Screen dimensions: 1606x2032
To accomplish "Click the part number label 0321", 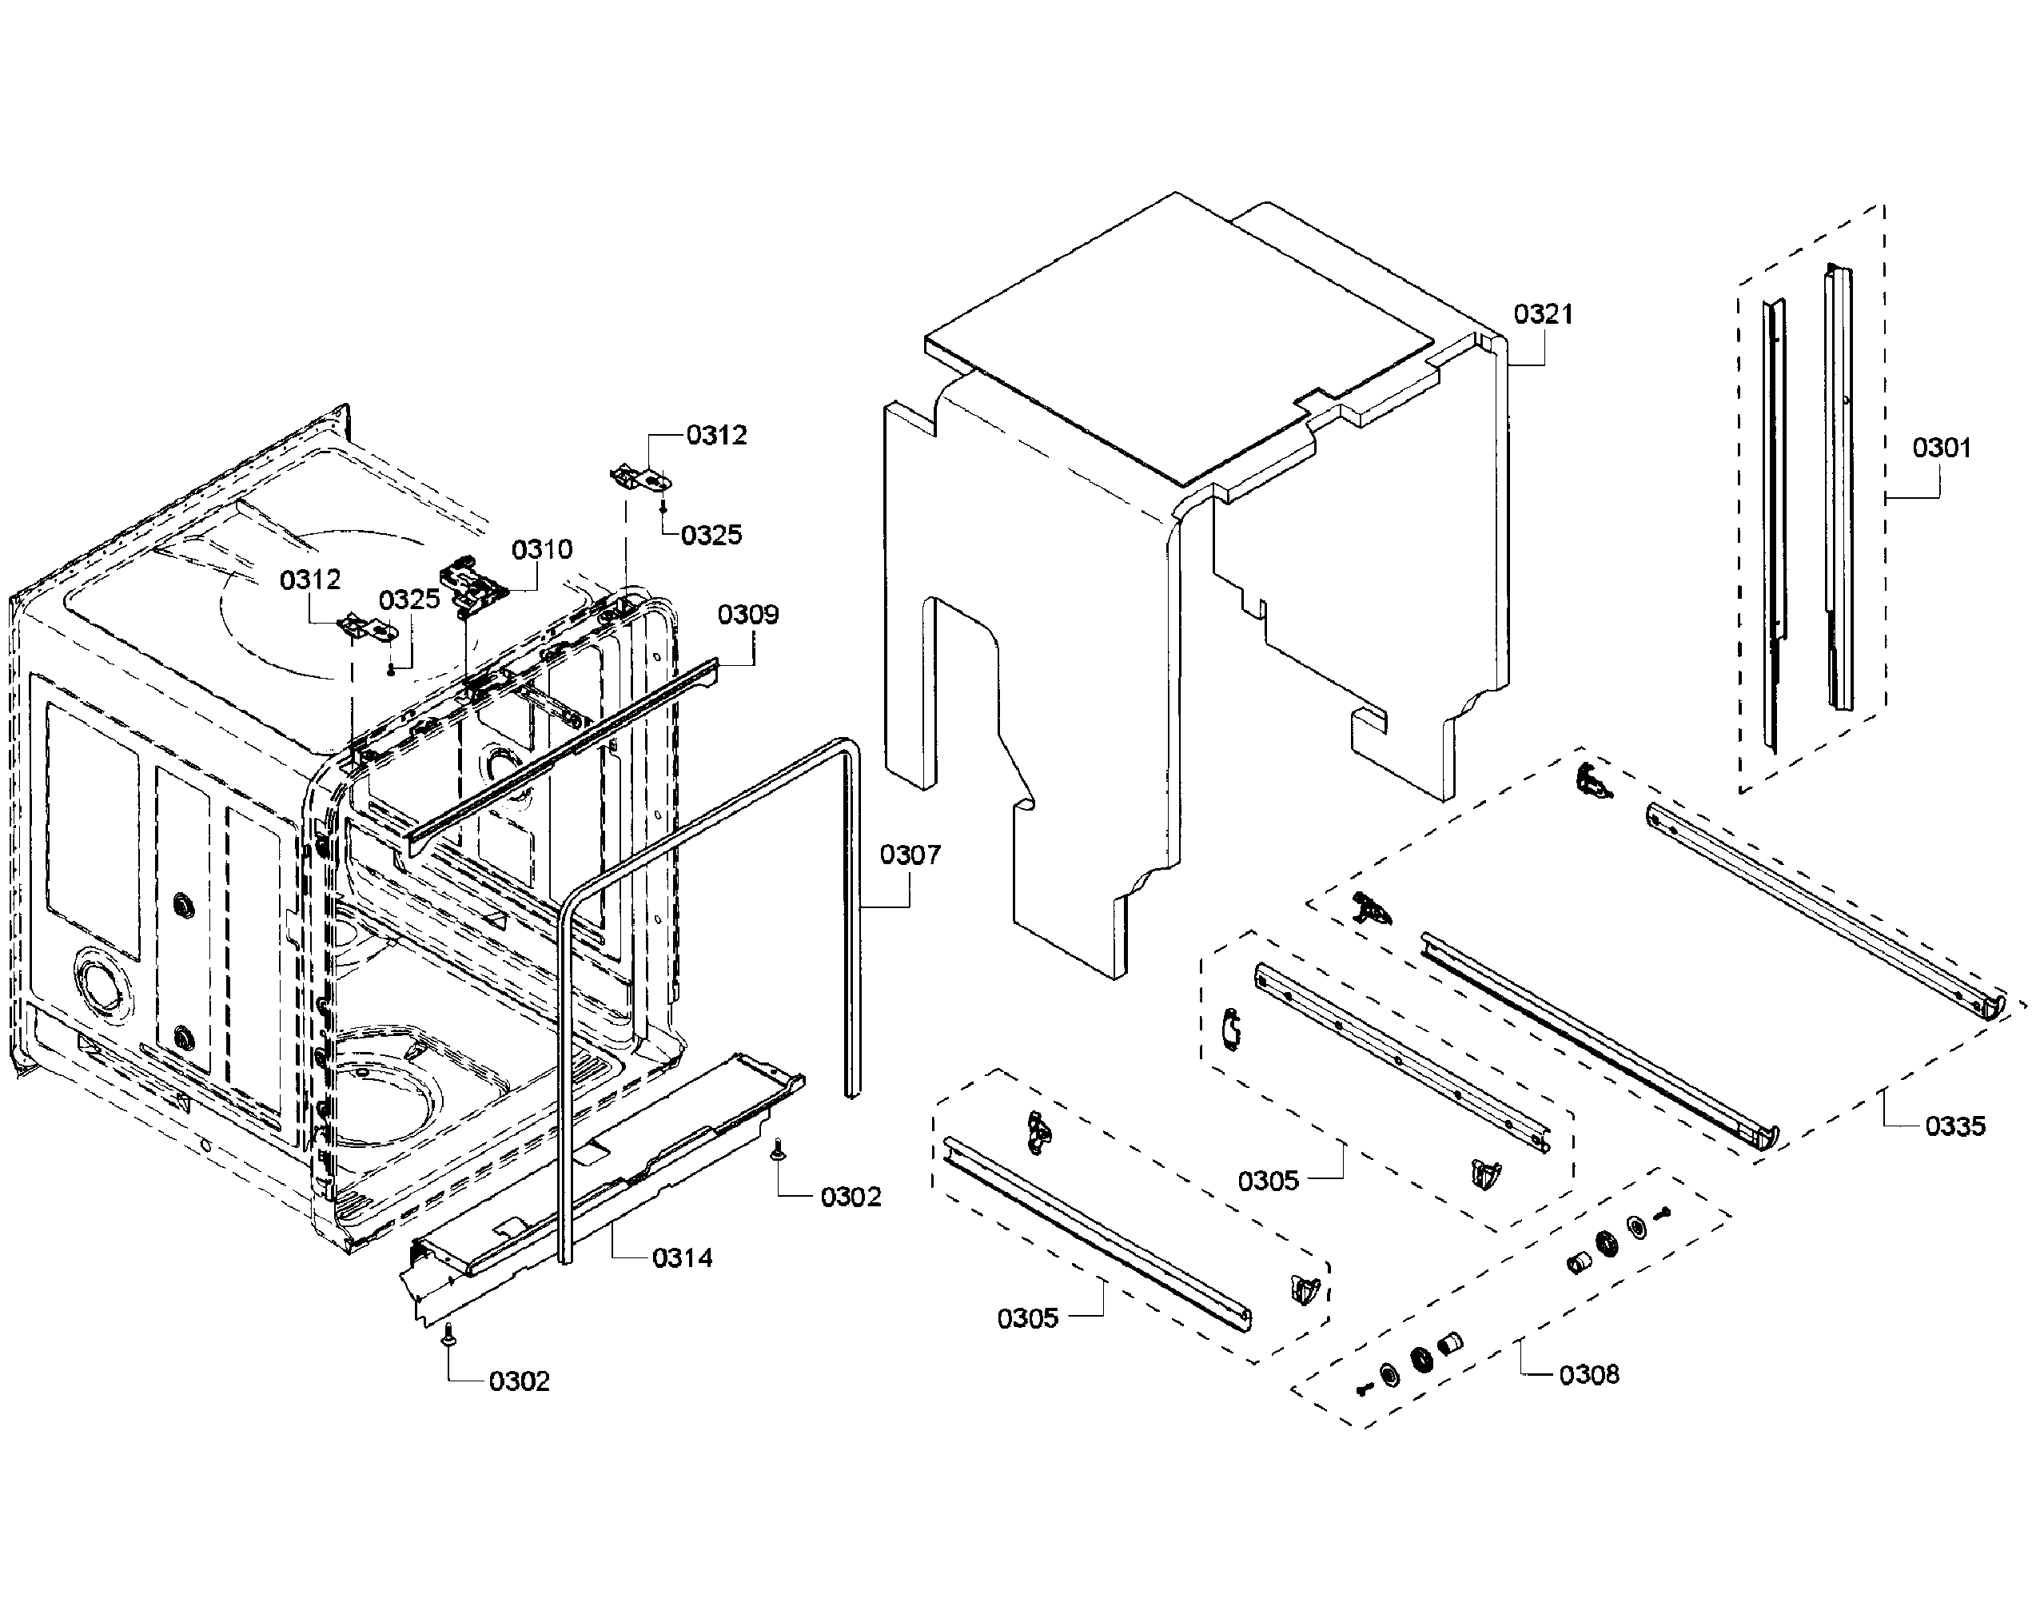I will coord(1543,314).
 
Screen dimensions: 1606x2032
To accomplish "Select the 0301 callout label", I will coord(1941,448).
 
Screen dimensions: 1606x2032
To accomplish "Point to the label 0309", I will coord(747,615).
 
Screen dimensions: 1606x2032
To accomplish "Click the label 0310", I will coord(542,549).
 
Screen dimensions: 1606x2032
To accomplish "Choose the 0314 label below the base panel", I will coord(683,1258).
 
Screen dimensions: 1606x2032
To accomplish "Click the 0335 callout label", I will coord(1955,1126).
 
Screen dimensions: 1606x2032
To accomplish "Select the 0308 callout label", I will coord(1589,1376).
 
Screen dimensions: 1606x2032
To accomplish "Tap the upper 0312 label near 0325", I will coord(716,436).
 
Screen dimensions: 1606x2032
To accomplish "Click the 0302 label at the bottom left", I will coord(519,1381).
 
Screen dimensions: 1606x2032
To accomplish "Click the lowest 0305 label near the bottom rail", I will coord(1028,1318).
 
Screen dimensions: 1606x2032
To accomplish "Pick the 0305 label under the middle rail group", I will coord(1268,1181).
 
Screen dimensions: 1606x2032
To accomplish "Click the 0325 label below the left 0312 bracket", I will coord(409,600).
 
